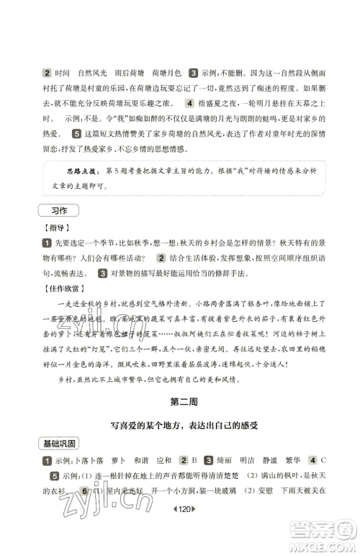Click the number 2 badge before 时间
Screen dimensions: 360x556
[47, 73]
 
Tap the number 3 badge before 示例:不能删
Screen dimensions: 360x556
[194, 73]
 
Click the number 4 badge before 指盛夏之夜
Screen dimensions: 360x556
[189, 103]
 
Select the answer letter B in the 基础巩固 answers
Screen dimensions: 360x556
[194, 459]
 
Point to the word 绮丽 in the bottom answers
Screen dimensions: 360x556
[224, 459]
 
